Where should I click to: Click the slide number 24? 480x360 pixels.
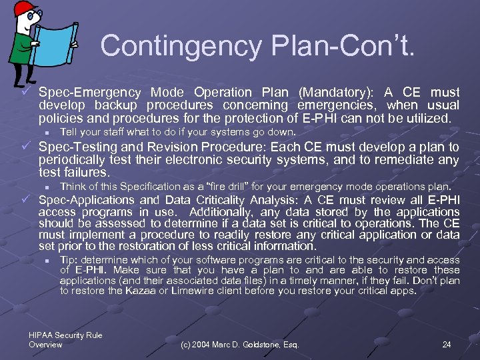(x=447, y=345)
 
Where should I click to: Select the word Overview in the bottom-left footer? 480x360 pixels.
(x=45, y=345)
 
